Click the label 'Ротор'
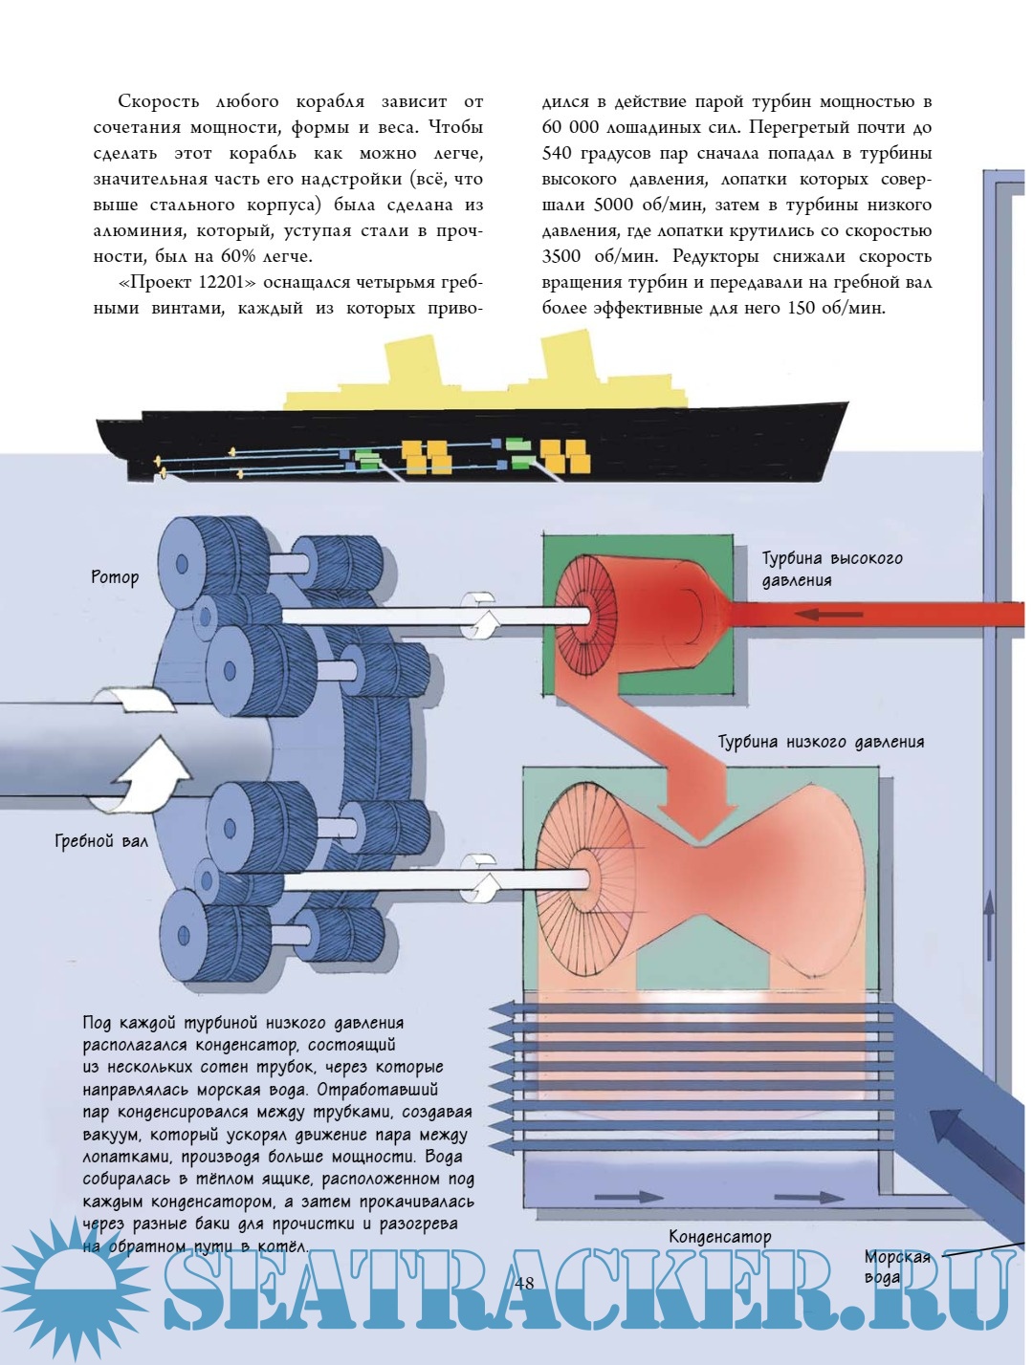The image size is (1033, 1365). pos(115,577)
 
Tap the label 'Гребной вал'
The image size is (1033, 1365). pos(101,841)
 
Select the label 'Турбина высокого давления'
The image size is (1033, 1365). pos(830,569)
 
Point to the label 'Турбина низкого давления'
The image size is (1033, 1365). pos(821,742)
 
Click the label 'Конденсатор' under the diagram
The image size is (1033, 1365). pos(719,1237)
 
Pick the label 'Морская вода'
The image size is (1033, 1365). pos(896,1267)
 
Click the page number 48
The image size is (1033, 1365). pos(524,1283)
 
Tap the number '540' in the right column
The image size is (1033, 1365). pos(561,153)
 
